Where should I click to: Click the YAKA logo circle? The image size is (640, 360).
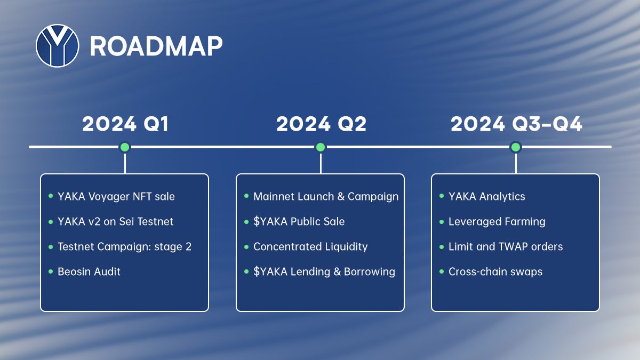tap(58, 46)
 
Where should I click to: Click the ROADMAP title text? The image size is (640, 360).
tap(156, 47)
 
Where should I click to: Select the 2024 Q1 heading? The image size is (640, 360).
tap(125, 124)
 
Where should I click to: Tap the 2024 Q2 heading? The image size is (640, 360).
tap(321, 124)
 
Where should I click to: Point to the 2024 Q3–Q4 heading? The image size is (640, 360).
tap(516, 124)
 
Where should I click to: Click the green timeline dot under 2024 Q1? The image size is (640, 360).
tap(125, 147)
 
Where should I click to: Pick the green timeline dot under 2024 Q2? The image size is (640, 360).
tap(321, 147)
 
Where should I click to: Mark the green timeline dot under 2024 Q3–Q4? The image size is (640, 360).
tap(516, 147)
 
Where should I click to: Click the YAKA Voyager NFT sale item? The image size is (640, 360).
tap(116, 196)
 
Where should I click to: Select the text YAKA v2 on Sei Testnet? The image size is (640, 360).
tap(115, 221)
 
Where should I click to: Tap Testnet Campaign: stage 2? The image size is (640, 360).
tap(124, 246)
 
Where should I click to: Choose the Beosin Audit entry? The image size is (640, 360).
tap(89, 271)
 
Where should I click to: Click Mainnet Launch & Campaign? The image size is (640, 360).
tap(325, 196)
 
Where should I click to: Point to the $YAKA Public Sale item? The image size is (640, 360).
tap(299, 221)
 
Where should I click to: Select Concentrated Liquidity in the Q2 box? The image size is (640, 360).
tap(310, 246)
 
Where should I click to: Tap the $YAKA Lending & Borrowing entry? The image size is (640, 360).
tap(324, 271)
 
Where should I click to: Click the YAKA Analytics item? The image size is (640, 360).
tap(486, 196)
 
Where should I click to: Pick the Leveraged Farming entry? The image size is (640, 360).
tap(497, 221)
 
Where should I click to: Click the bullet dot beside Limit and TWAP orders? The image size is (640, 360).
tap(442, 246)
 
